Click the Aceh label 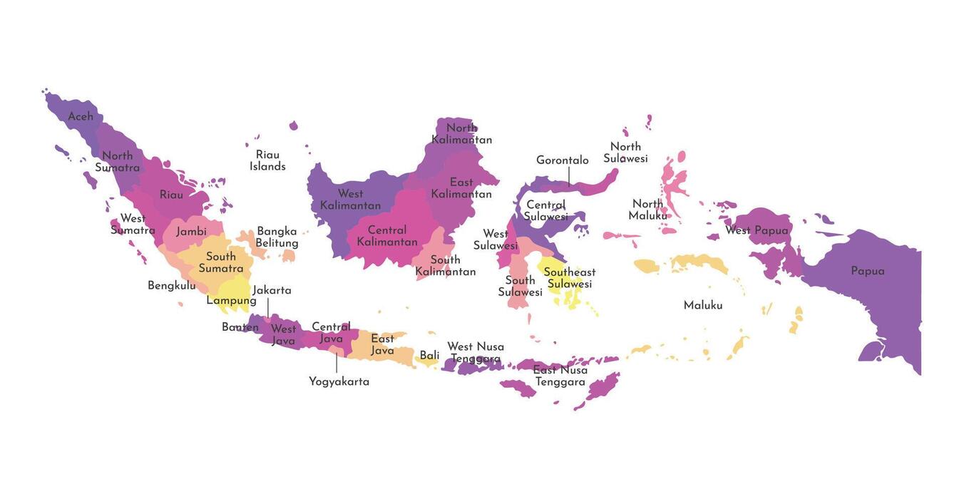coord(81,116)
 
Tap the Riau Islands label coord(267,160)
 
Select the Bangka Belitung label coord(277,237)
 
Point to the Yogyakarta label coord(339,381)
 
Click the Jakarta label coord(272,290)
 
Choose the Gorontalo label coord(562,160)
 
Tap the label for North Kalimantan coord(461,134)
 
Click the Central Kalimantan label coord(386,236)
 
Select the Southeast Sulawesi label coord(569,278)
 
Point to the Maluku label coord(702,305)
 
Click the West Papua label coord(757,230)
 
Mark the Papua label coord(867,271)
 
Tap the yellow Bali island coord(427,361)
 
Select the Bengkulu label coord(171,285)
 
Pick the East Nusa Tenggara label coord(560,376)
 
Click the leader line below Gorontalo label coord(568,177)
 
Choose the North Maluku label coord(647,210)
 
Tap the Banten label coord(240,327)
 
